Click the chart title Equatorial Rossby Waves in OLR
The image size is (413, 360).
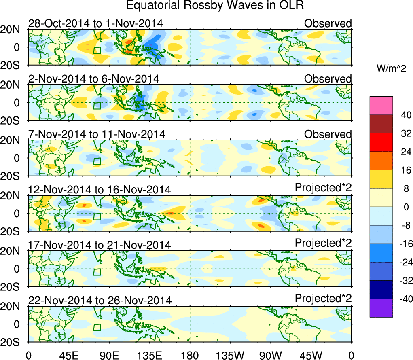(215, 6)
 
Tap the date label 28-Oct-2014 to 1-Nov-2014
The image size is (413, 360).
(95, 23)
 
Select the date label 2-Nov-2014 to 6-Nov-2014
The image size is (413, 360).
(93, 78)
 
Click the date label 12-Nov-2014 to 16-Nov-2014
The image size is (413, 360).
(99, 189)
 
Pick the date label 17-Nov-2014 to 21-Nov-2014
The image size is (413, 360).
(99, 245)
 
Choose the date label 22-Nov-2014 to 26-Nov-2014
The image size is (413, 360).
(100, 300)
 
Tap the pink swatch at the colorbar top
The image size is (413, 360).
(381, 106)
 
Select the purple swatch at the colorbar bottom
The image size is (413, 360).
(381, 308)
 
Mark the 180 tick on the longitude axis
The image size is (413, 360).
(190, 356)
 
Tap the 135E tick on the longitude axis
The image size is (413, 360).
(149, 356)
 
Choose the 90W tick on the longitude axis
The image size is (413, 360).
(271, 356)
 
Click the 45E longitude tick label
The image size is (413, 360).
(68, 356)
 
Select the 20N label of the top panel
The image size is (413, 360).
(13, 29)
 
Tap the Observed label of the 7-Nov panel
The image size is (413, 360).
(328, 134)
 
